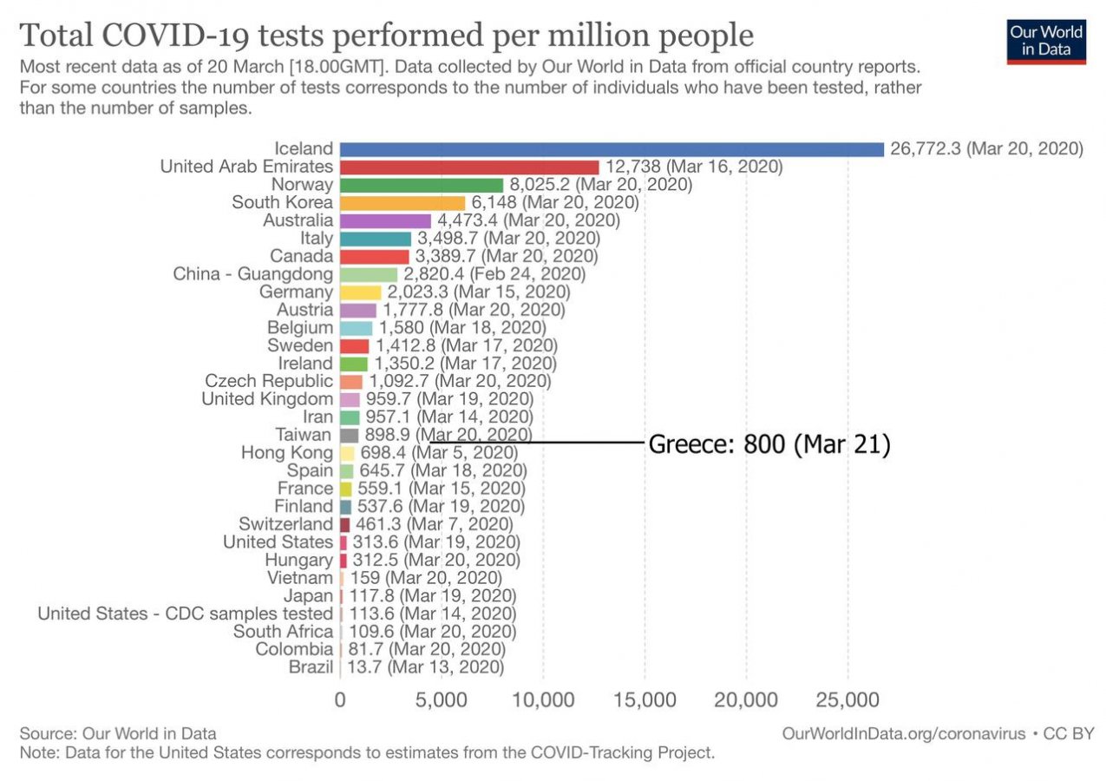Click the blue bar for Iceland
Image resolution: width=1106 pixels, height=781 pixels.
(x=612, y=149)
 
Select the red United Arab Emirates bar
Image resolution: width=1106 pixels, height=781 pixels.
(x=469, y=167)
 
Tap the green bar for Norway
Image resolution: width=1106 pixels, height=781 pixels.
(x=422, y=185)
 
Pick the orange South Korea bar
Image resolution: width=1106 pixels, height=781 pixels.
(x=402, y=203)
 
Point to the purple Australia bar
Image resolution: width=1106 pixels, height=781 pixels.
(x=385, y=220)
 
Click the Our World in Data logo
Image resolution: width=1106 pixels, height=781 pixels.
(x=1046, y=41)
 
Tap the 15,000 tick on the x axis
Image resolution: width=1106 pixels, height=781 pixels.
(x=645, y=699)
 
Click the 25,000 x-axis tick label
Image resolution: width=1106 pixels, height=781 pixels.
(x=847, y=699)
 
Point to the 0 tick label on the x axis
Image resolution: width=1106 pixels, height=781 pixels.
(x=340, y=699)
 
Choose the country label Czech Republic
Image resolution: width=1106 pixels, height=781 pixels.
(x=269, y=381)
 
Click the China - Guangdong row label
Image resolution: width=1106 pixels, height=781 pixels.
(x=253, y=274)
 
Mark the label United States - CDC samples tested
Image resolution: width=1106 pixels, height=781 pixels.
(x=185, y=614)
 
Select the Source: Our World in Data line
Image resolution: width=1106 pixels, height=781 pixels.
(x=118, y=733)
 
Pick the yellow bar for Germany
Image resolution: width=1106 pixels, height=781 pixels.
(x=361, y=292)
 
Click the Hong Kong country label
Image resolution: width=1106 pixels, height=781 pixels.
(x=287, y=453)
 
